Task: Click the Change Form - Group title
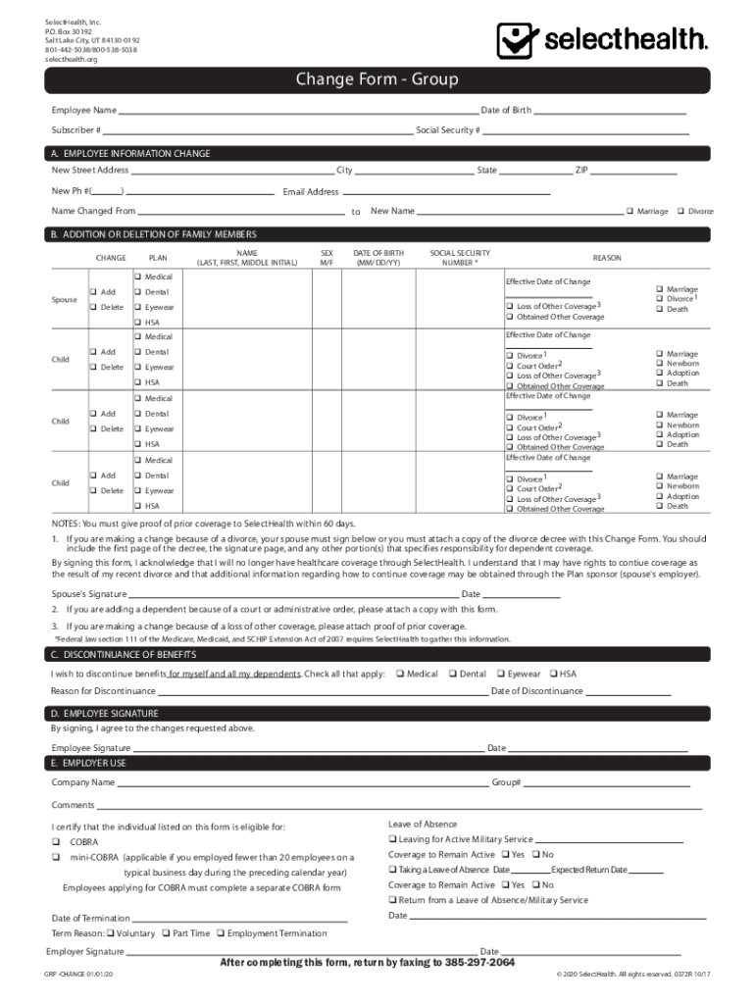(x=377, y=79)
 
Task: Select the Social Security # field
(x=584, y=130)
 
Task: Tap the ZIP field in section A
(x=633, y=171)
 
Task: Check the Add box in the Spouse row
(x=93, y=292)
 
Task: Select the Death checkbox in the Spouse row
(x=659, y=310)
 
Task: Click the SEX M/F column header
(x=327, y=258)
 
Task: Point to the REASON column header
(x=606, y=258)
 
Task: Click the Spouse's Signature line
(x=293, y=594)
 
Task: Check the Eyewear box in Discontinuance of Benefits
(x=500, y=674)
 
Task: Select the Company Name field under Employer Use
(x=303, y=783)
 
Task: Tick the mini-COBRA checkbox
(x=56, y=857)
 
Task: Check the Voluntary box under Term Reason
(x=110, y=933)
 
